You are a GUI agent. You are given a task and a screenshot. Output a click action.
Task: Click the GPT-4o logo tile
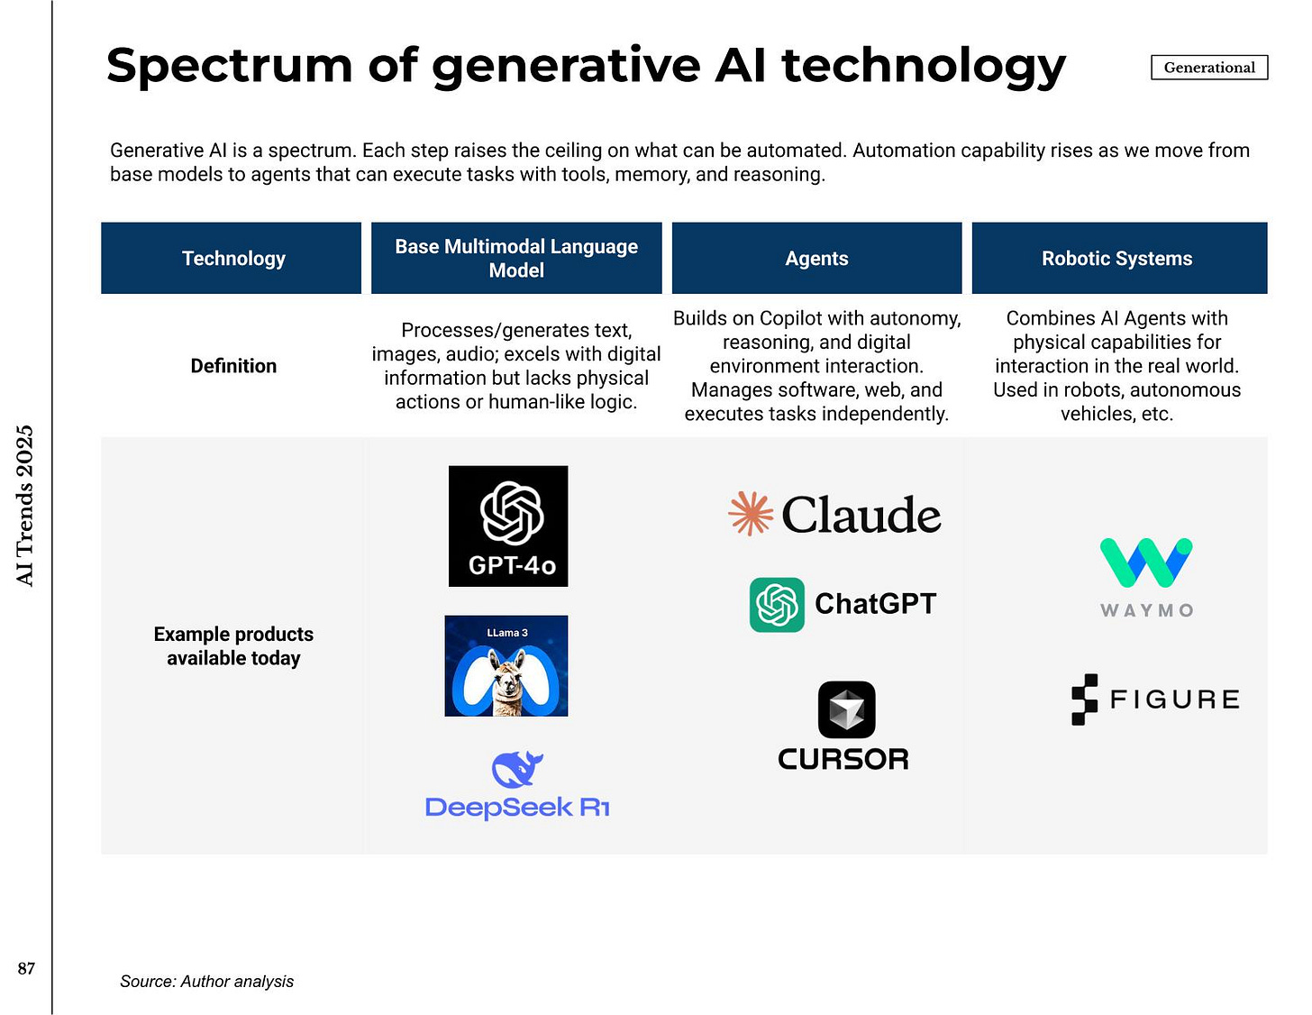[508, 526]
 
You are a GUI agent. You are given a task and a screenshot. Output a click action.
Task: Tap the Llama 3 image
[506, 666]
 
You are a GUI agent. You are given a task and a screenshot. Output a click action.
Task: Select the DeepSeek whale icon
[517, 769]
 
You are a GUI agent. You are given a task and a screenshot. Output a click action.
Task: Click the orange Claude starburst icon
[751, 514]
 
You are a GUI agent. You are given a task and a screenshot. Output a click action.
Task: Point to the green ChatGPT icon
[777, 605]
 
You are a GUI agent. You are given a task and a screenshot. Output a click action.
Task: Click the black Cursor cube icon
[846, 709]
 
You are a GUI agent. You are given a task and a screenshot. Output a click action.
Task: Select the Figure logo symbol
[1085, 700]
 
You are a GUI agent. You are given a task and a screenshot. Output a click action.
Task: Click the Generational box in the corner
[1209, 68]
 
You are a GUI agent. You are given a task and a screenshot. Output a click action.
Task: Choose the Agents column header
[816, 259]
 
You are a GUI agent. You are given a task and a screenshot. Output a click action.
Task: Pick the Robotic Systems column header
[1117, 259]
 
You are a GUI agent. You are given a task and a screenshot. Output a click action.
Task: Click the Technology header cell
[233, 259]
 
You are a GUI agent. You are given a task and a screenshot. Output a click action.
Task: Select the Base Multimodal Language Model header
[516, 259]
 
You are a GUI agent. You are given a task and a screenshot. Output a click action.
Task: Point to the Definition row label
[233, 366]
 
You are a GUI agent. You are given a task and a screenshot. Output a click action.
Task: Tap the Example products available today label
[233, 646]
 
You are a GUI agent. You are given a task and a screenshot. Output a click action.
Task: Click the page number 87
[26, 968]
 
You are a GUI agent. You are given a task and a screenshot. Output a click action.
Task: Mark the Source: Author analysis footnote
[206, 982]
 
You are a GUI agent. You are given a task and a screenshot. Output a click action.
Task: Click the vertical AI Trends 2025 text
[25, 506]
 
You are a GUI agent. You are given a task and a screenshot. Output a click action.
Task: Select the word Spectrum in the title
[229, 67]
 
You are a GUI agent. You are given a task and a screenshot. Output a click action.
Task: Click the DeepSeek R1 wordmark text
[517, 808]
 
